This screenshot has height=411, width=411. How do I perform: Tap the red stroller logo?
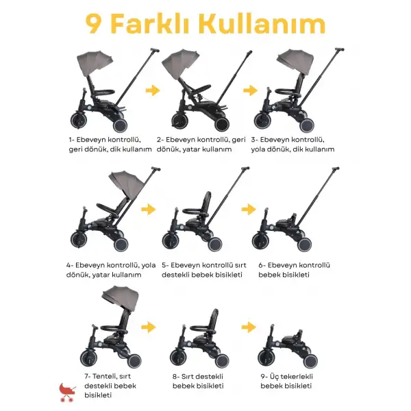67,392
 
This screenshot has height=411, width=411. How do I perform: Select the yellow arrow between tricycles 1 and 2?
153,90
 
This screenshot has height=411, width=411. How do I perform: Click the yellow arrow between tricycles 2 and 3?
250,90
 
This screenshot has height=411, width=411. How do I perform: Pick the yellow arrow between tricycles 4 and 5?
149,209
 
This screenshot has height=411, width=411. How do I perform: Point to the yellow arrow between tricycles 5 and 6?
249,209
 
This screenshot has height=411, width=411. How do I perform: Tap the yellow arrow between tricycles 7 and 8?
149,327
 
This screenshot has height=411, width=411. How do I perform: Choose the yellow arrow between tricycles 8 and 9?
249,327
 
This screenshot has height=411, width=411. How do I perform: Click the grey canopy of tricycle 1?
95,63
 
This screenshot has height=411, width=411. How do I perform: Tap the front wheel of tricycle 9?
266,358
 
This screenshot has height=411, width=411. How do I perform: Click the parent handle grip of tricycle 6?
335,169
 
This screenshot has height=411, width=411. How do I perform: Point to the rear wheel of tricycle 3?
306,126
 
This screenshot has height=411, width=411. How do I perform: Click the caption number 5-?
165,265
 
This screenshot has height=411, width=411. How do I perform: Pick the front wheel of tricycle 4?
79,239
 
